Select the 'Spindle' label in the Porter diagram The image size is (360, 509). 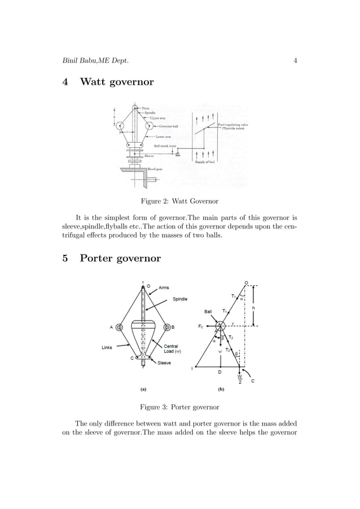tap(181, 299)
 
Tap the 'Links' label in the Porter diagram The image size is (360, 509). tap(107, 347)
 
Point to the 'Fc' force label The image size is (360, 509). tap(200, 326)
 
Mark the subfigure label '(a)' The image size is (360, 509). tap(143, 388)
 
